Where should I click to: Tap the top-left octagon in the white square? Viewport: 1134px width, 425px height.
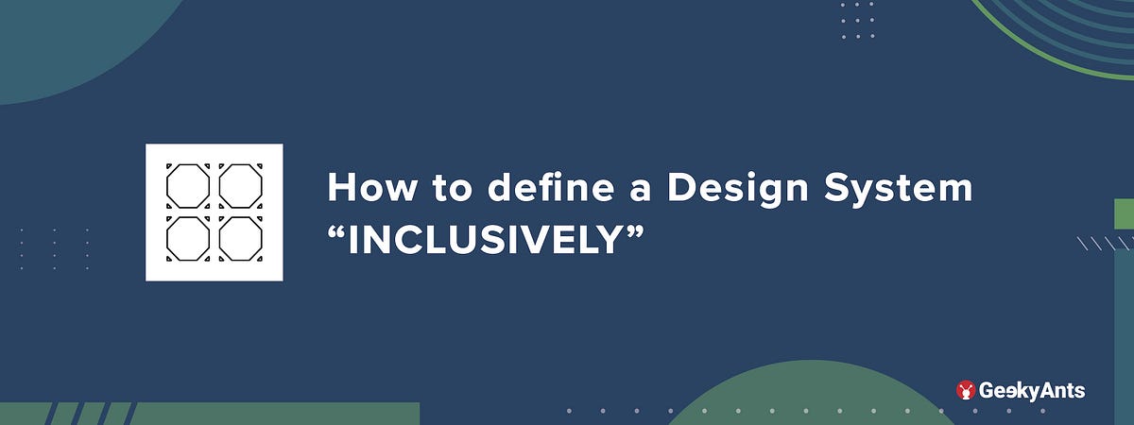tap(188, 185)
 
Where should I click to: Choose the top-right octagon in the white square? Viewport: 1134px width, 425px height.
tap(241, 185)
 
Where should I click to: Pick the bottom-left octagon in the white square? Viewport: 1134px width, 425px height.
tap(188, 238)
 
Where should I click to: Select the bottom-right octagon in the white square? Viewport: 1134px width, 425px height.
tap(241, 238)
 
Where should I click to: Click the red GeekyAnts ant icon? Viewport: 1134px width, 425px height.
tap(966, 390)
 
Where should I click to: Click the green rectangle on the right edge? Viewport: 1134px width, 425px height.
tap(1124, 213)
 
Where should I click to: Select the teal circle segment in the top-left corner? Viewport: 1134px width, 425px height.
tap(66, 38)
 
